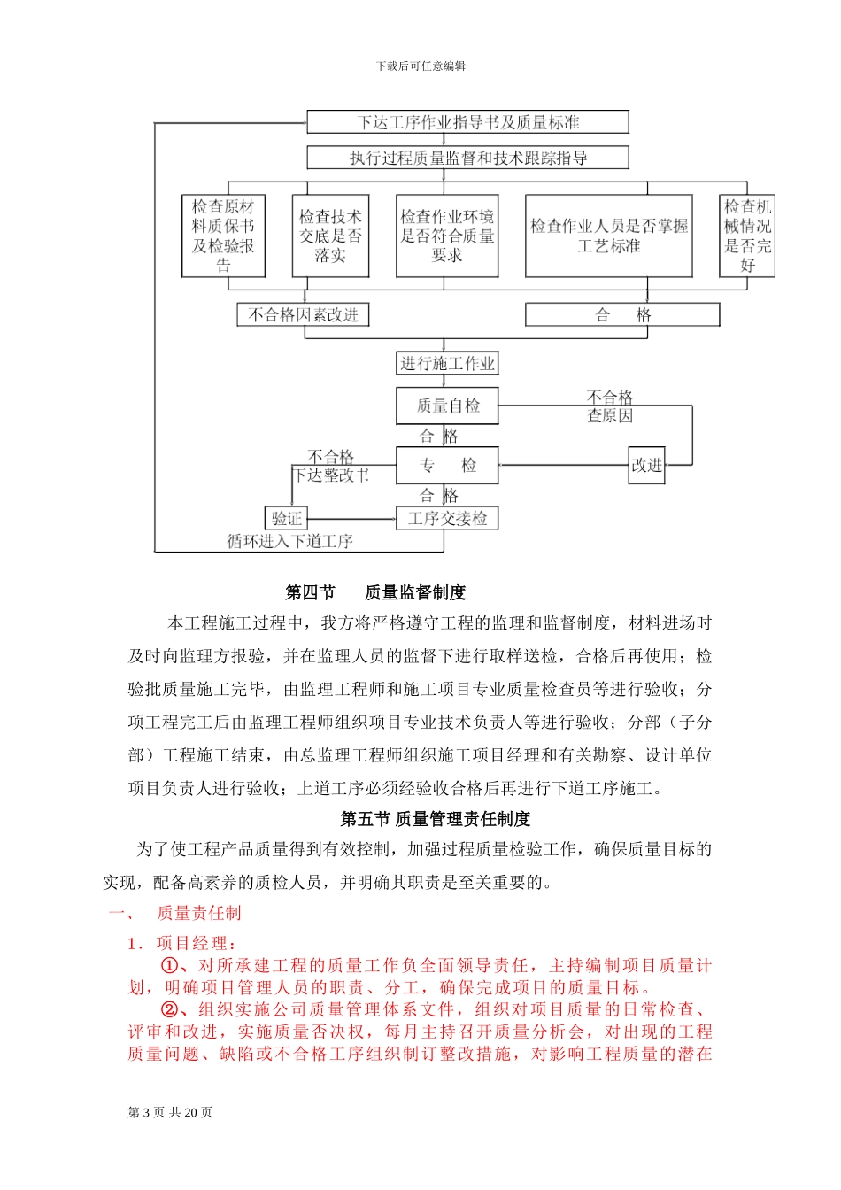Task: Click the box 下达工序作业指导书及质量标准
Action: pyautogui.click(x=467, y=122)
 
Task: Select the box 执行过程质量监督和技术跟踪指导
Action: pyautogui.click(x=467, y=158)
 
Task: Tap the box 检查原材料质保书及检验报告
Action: pyautogui.click(x=223, y=236)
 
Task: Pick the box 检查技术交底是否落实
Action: pyautogui.click(x=330, y=236)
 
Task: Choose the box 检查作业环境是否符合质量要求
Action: pyautogui.click(x=447, y=236)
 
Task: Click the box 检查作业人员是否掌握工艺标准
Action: pyautogui.click(x=608, y=236)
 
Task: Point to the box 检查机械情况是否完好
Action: pyautogui.click(x=747, y=236)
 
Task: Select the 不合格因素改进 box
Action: pyautogui.click(x=303, y=315)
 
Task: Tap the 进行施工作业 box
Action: pyautogui.click(x=447, y=363)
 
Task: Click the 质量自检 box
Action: pyautogui.click(x=447, y=406)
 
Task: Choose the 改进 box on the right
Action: pyautogui.click(x=646, y=465)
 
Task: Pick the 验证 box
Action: pyautogui.click(x=287, y=519)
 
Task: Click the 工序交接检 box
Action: pyautogui.click(x=447, y=519)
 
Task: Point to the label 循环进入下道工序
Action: pyautogui.click(x=289, y=541)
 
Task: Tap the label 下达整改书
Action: pyautogui.click(x=332, y=475)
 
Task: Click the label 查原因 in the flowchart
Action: pyautogui.click(x=610, y=416)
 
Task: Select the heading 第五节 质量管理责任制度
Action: pyautogui.click(x=436, y=819)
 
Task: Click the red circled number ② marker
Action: pyautogui.click(x=169, y=1009)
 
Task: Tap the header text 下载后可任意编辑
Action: pyautogui.click(x=420, y=66)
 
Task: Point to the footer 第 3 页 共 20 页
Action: pyautogui.click(x=170, y=1113)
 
